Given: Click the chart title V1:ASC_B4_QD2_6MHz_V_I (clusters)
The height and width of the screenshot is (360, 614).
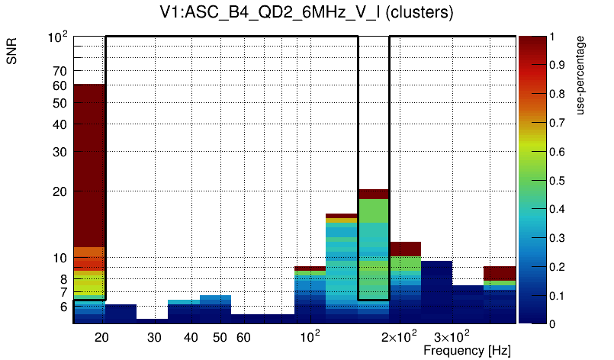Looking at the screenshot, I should (307, 12).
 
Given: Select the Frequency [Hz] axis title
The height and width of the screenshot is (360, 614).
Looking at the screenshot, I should (467, 350).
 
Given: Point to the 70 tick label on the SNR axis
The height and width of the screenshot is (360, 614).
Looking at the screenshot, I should (59, 71).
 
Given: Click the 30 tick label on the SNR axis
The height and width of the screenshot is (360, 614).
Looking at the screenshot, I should (59, 152).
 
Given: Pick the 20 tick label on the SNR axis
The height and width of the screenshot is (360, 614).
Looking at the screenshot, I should (59, 191).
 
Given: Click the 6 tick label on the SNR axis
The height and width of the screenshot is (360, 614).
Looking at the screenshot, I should (63, 307).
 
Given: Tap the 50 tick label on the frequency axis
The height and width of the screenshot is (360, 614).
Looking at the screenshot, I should (220, 337).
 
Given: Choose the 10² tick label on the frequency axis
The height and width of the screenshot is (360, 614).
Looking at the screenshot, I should (310, 336).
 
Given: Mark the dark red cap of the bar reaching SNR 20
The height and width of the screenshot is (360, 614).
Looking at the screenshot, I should (374, 194).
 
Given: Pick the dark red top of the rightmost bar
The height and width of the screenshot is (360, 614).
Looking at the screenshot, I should (500, 273).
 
